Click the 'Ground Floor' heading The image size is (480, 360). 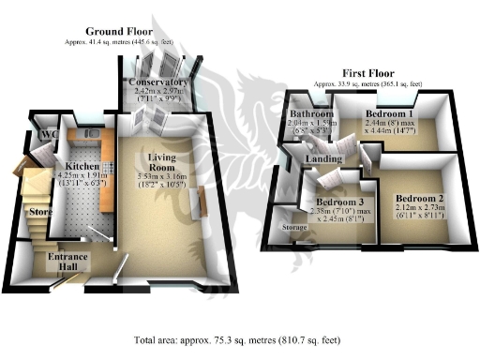[112, 31]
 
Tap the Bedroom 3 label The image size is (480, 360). [338, 202]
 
